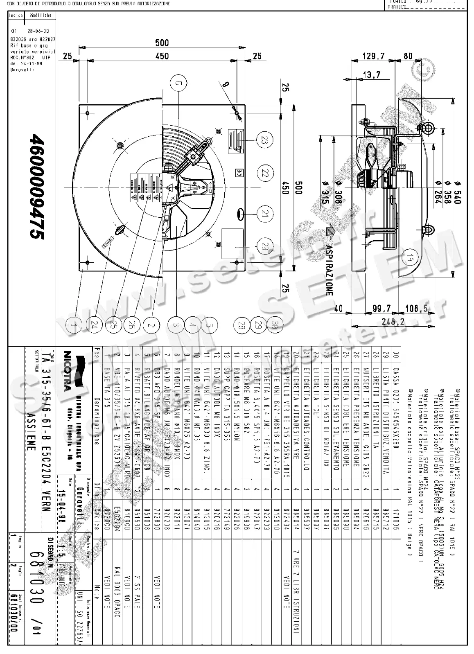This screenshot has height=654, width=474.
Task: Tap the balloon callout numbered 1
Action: pyautogui.click(x=73, y=325)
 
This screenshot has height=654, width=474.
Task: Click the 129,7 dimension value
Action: pyautogui.click(x=374, y=56)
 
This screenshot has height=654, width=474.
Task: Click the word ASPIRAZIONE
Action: pyautogui.click(x=329, y=271)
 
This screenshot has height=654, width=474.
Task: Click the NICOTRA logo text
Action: pyautogui.click(x=68, y=377)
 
